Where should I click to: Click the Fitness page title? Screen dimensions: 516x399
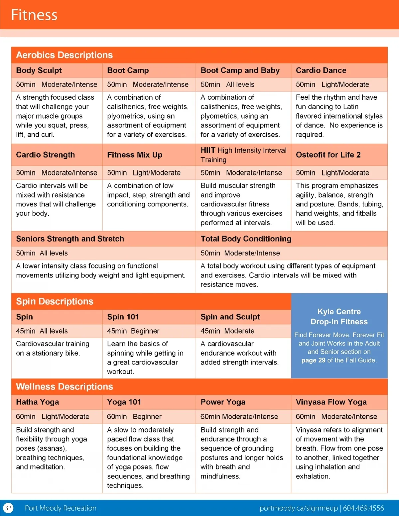tap(34, 15)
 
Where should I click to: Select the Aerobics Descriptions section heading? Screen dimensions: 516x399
tap(65, 55)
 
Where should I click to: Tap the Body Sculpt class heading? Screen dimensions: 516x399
tap(39, 70)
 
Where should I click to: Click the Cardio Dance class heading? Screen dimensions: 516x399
tap(321, 70)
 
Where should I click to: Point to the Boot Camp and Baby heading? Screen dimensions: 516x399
tap(240, 70)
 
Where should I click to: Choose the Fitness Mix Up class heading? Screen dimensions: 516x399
tap(135, 155)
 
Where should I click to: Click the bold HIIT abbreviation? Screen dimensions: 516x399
tap(208, 150)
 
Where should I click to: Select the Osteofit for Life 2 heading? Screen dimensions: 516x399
tap(328, 155)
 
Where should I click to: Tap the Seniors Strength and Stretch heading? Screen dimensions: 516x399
tap(70, 239)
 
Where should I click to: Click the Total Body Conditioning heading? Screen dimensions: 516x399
tap(246, 239)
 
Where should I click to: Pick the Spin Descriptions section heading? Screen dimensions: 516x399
tap(55, 301)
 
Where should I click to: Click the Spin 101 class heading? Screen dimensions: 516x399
tap(123, 317)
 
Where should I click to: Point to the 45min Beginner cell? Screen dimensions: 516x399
tap(133, 331)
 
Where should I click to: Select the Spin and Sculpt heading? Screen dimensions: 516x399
tap(230, 317)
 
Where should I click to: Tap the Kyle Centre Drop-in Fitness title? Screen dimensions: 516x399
tap(339, 317)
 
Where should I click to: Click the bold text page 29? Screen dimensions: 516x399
tap(313, 360)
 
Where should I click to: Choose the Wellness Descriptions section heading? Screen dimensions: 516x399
tap(65, 386)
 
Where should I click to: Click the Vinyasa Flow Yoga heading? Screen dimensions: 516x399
tap(331, 402)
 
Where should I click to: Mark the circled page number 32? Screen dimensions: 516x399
tap(8, 508)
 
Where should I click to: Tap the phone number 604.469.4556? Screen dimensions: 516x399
tap(363, 508)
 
